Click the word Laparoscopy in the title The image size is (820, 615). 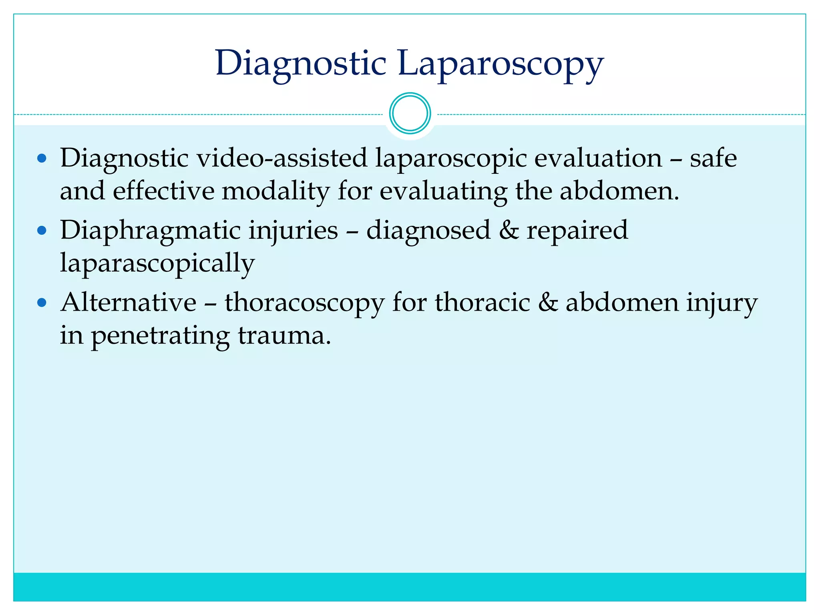(500, 64)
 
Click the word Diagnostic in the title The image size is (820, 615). (301, 64)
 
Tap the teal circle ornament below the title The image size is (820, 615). (410, 113)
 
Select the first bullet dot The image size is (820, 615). (42, 159)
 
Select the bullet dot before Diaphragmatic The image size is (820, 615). (42, 231)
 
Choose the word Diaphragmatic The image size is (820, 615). (151, 231)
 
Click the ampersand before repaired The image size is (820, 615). (508, 231)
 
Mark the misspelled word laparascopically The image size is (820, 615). (157, 263)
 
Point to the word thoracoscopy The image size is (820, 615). (304, 303)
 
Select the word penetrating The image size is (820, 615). (161, 336)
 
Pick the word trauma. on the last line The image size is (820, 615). (284, 336)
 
